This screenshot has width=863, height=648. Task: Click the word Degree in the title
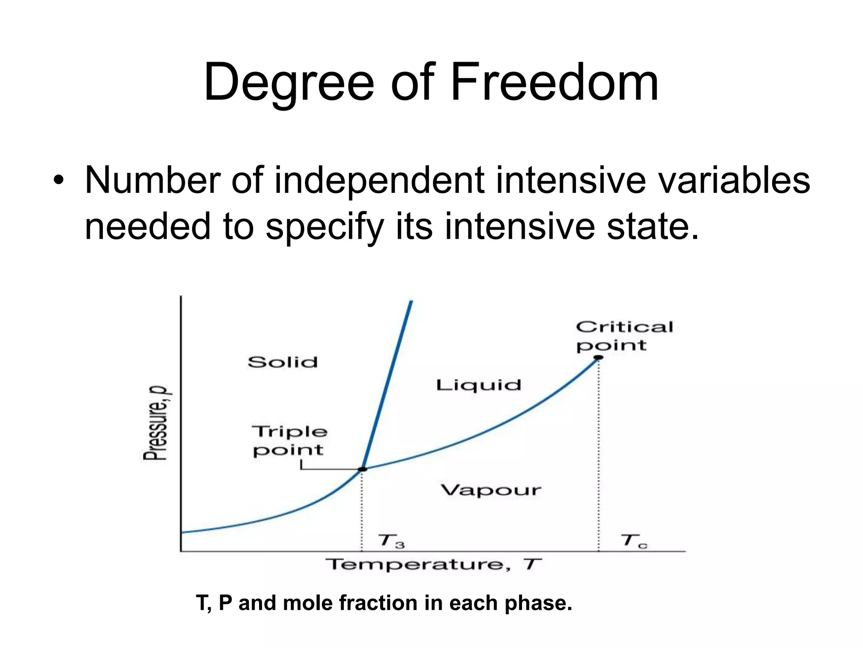[289, 83]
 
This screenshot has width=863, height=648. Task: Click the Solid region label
[282, 362]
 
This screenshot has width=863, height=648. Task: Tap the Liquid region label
[478, 385]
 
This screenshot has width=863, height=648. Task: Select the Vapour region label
[491, 490]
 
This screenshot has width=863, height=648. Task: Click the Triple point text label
[289, 441]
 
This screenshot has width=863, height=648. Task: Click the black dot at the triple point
[362, 469]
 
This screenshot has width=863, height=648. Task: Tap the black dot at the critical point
[598, 357]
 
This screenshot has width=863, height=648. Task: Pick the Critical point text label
[624, 336]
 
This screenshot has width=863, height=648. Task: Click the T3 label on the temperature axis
[391, 541]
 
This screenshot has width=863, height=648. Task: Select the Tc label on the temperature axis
[633, 540]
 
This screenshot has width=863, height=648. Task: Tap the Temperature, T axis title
[433, 564]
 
